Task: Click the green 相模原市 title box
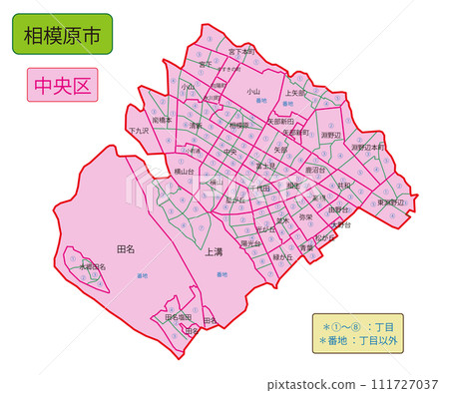[x=63, y=34]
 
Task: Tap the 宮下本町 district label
[x=241, y=50]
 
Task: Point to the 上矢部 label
[x=295, y=92]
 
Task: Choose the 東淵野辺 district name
[x=391, y=201]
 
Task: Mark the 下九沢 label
[x=139, y=131]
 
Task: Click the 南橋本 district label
[x=162, y=120]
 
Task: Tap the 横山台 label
[x=186, y=171]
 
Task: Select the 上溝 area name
[x=213, y=252]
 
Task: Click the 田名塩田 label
[x=179, y=316]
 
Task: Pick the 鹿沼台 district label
[x=315, y=170]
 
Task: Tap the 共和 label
[x=343, y=185]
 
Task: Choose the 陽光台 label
[x=250, y=242]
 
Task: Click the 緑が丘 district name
[x=282, y=256]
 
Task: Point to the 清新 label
[x=196, y=126]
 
